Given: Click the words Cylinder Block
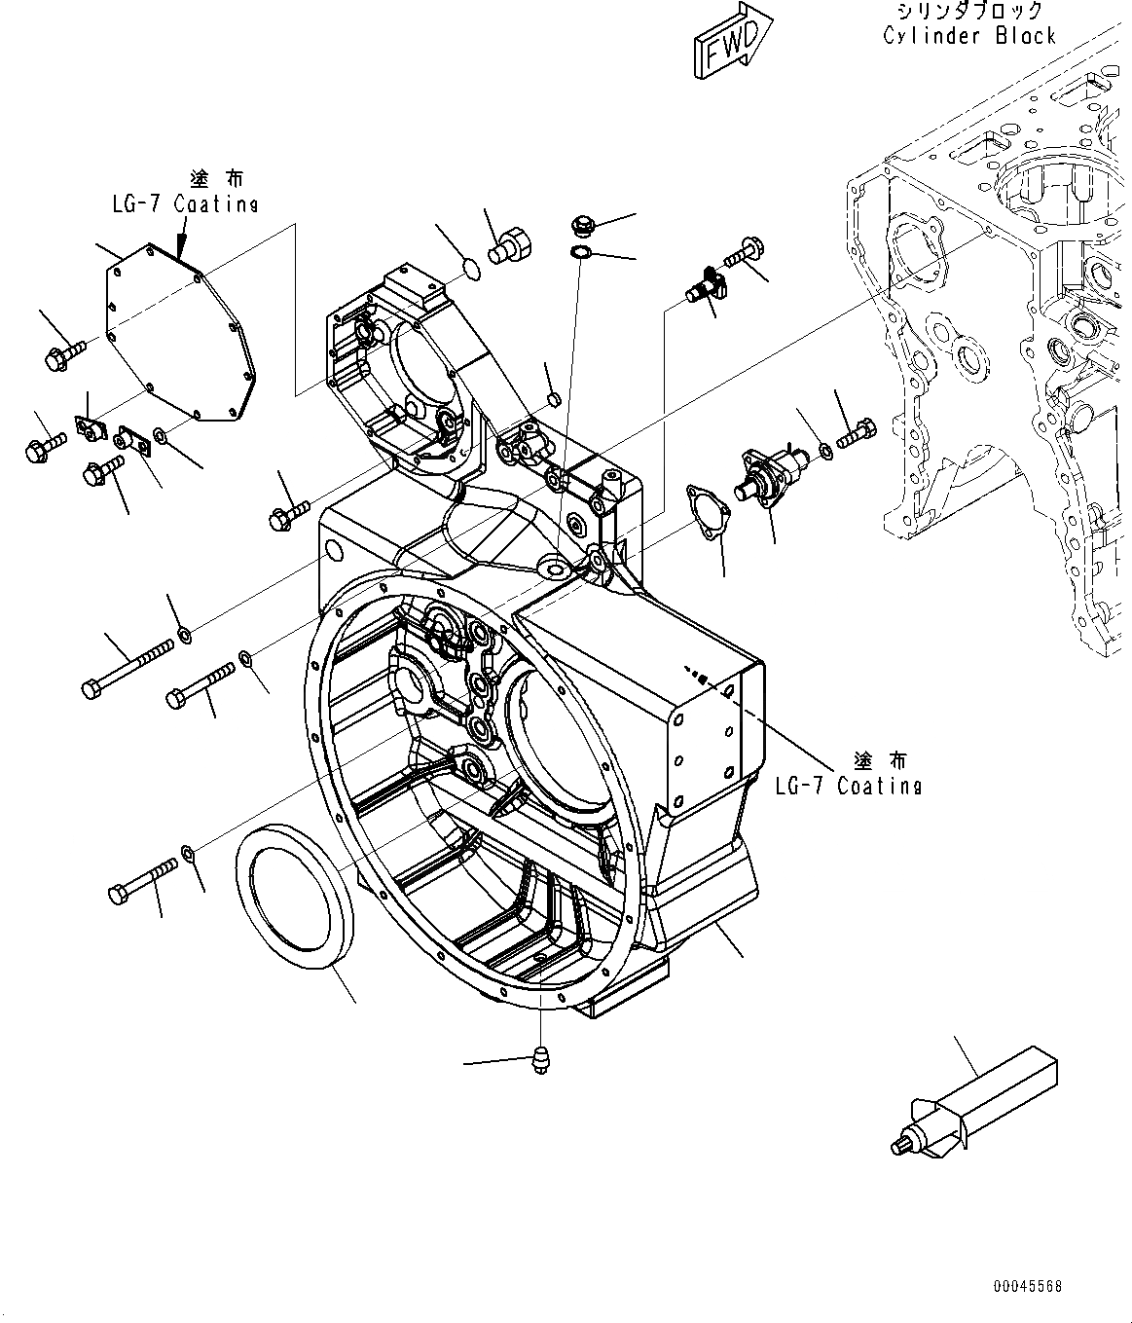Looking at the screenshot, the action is coord(968,36).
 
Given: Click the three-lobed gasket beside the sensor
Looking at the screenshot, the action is coord(703,507).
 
